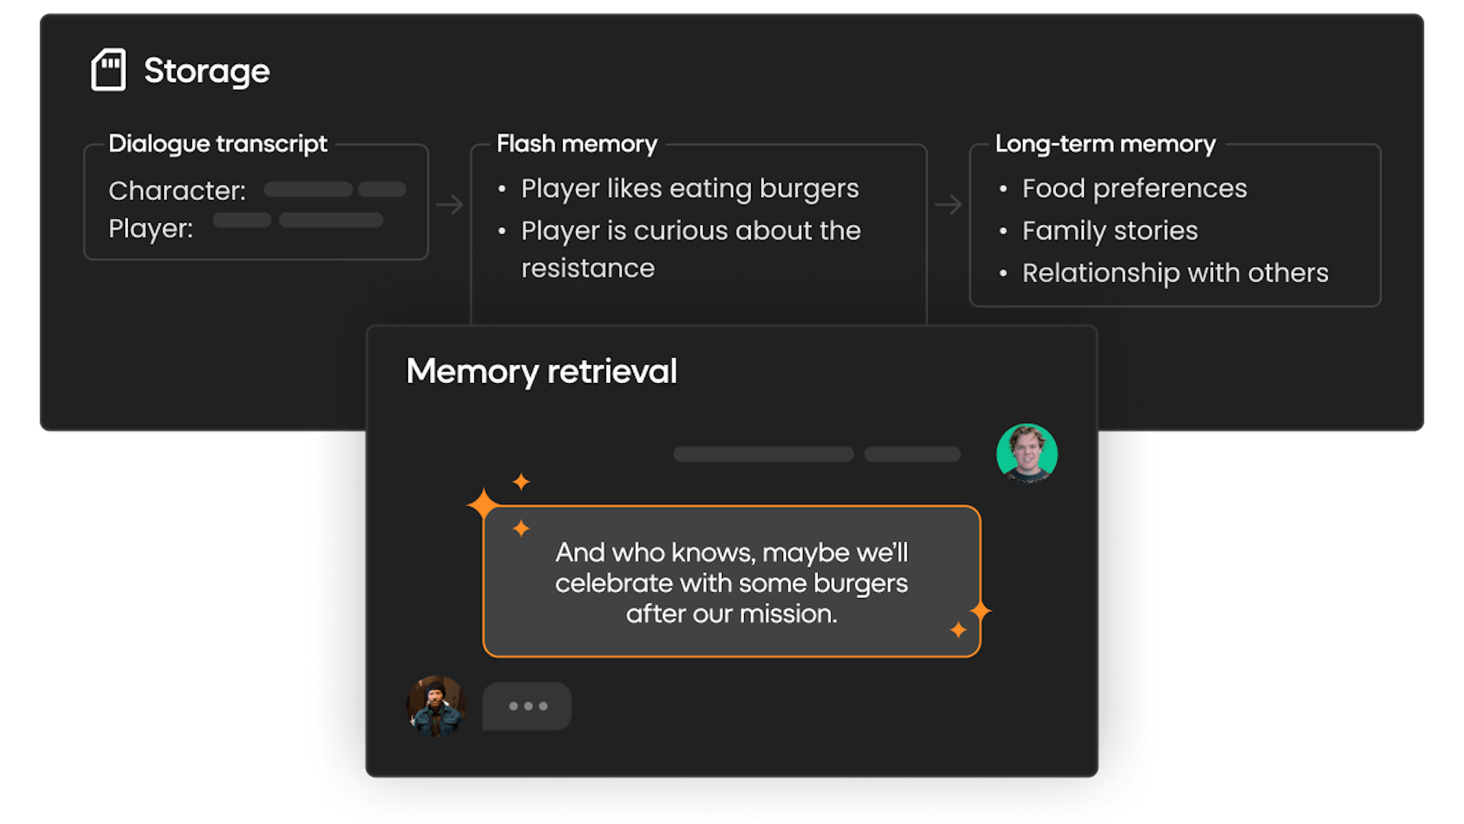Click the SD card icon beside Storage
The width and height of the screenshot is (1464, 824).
(x=108, y=70)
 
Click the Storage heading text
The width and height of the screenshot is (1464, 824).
(x=207, y=71)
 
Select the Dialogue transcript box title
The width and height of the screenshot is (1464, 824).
(x=217, y=143)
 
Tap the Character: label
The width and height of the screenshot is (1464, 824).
(x=177, y=191)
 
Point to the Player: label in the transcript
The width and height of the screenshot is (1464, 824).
(x=150, y=228)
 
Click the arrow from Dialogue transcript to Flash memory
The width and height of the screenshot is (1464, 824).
(x=450, y=204)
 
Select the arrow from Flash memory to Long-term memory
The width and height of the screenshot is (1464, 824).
(x=948, y=204)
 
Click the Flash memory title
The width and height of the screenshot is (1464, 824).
(x=576, y=143)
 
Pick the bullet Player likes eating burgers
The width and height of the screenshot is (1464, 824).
(x=689, y=188)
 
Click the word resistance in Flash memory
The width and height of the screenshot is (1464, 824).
(x=588, y=269)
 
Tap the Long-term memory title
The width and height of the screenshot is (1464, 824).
(x=1105, y=143)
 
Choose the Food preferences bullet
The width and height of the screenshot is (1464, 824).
(x=1134, y=188)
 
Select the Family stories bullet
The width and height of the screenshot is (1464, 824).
(x=1109, y=230)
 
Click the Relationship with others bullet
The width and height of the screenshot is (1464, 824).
(x=1175, y=273)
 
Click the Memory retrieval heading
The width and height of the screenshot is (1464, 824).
(x=541, y=372)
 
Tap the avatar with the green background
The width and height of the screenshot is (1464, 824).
(x=1026, y=454)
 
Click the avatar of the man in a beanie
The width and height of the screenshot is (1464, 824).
(x=436, y=706)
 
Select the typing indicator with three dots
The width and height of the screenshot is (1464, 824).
(x=527, y=707)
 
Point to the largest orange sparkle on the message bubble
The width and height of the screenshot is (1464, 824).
(x=483, y=504)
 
